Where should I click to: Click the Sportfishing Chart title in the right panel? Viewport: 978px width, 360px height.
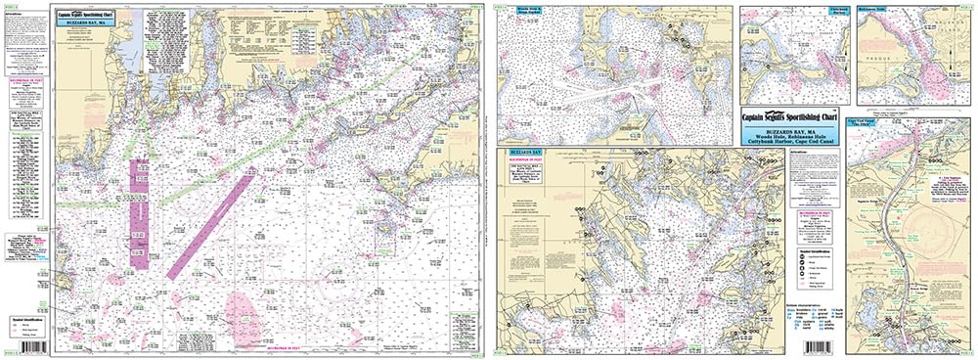click(x=791, y=113)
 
